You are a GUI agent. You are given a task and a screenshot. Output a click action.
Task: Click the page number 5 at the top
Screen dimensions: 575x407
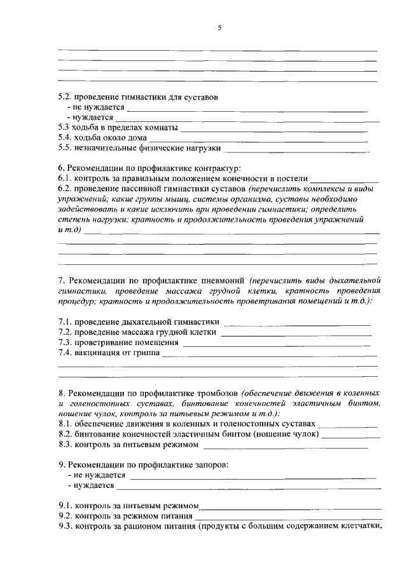(x=219, y=27)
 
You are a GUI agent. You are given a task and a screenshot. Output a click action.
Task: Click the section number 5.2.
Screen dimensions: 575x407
(x=65, y=98)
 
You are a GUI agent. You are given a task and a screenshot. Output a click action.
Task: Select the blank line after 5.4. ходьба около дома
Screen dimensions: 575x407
(x=259, y=139)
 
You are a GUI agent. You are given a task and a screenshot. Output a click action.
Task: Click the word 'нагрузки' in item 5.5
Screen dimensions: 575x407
(x=202, y=148)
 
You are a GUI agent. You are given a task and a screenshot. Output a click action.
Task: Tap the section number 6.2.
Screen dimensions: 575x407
(x=65, y=189)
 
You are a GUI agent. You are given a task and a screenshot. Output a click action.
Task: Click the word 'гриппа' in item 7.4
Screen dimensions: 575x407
(x=142, y=352)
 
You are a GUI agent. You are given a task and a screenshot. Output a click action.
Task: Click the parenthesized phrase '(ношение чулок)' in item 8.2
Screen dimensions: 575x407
(x=287, y=435)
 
